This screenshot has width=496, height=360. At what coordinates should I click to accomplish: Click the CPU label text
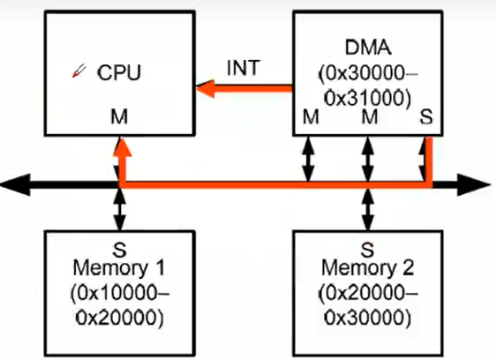pyautogui.click(x=119, y=72)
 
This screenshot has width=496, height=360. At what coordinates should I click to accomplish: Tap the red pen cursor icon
pyautogui.click(x=79, y=71)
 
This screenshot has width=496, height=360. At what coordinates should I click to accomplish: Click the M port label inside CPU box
pyautogui.click(x=119, y=116)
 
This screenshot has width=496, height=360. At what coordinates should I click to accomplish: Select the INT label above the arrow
pyautogui.click(x=244, y=68)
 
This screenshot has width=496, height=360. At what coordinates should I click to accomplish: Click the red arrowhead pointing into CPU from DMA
pyautogui.click(x=206, y=88)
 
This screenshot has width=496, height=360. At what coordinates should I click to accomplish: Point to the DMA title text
pyautogui.click(x=368, y=48)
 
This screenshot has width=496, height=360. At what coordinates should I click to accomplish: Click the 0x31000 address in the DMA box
pyautogui.click(x=368, y=98)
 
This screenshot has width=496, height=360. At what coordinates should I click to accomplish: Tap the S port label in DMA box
pyautogui.click(x=426, y=116)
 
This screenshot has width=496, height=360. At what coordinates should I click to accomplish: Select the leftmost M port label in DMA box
pyautogui.click(x=311, y=116)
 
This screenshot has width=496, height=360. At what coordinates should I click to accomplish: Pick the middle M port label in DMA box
pyautogui.click(x=370, y=116)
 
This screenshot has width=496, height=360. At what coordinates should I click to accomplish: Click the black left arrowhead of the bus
pyautogui.click(x=15, y=184)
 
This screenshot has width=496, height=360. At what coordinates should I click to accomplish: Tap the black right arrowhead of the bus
pyautogui.click(x=474, y=184)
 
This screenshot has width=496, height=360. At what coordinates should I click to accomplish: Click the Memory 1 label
pyautogui.click(x=119, y=268)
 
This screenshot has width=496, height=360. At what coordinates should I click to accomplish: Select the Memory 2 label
pyautogui.click(x=367, y=268)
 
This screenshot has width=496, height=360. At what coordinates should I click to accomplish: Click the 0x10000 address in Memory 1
pyautogui.click(x=119, y=293)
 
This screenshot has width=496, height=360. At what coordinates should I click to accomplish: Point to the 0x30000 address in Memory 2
pyautogui.click(x=368, y=318)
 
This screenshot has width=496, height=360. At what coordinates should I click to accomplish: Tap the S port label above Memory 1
pyautogui.click(x=119, y=250)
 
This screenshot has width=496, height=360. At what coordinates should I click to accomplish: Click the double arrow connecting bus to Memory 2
pyautogui.click(x=367, y=210)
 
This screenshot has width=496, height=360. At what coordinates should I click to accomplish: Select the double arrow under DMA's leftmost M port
pyautogui.click(x=308, y=159)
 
